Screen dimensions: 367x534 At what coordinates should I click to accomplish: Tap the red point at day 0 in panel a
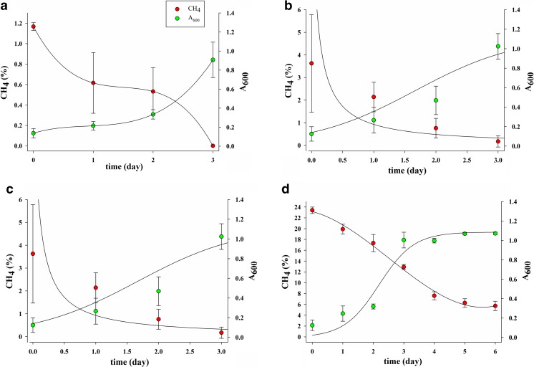(33, 27)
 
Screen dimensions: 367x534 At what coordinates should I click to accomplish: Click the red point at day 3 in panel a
(213, 146)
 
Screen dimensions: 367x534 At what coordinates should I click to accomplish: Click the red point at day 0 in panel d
(312, 210)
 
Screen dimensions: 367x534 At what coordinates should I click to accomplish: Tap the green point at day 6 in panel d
(495, 233)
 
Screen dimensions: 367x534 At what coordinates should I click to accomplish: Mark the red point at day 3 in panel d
(404, 267)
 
